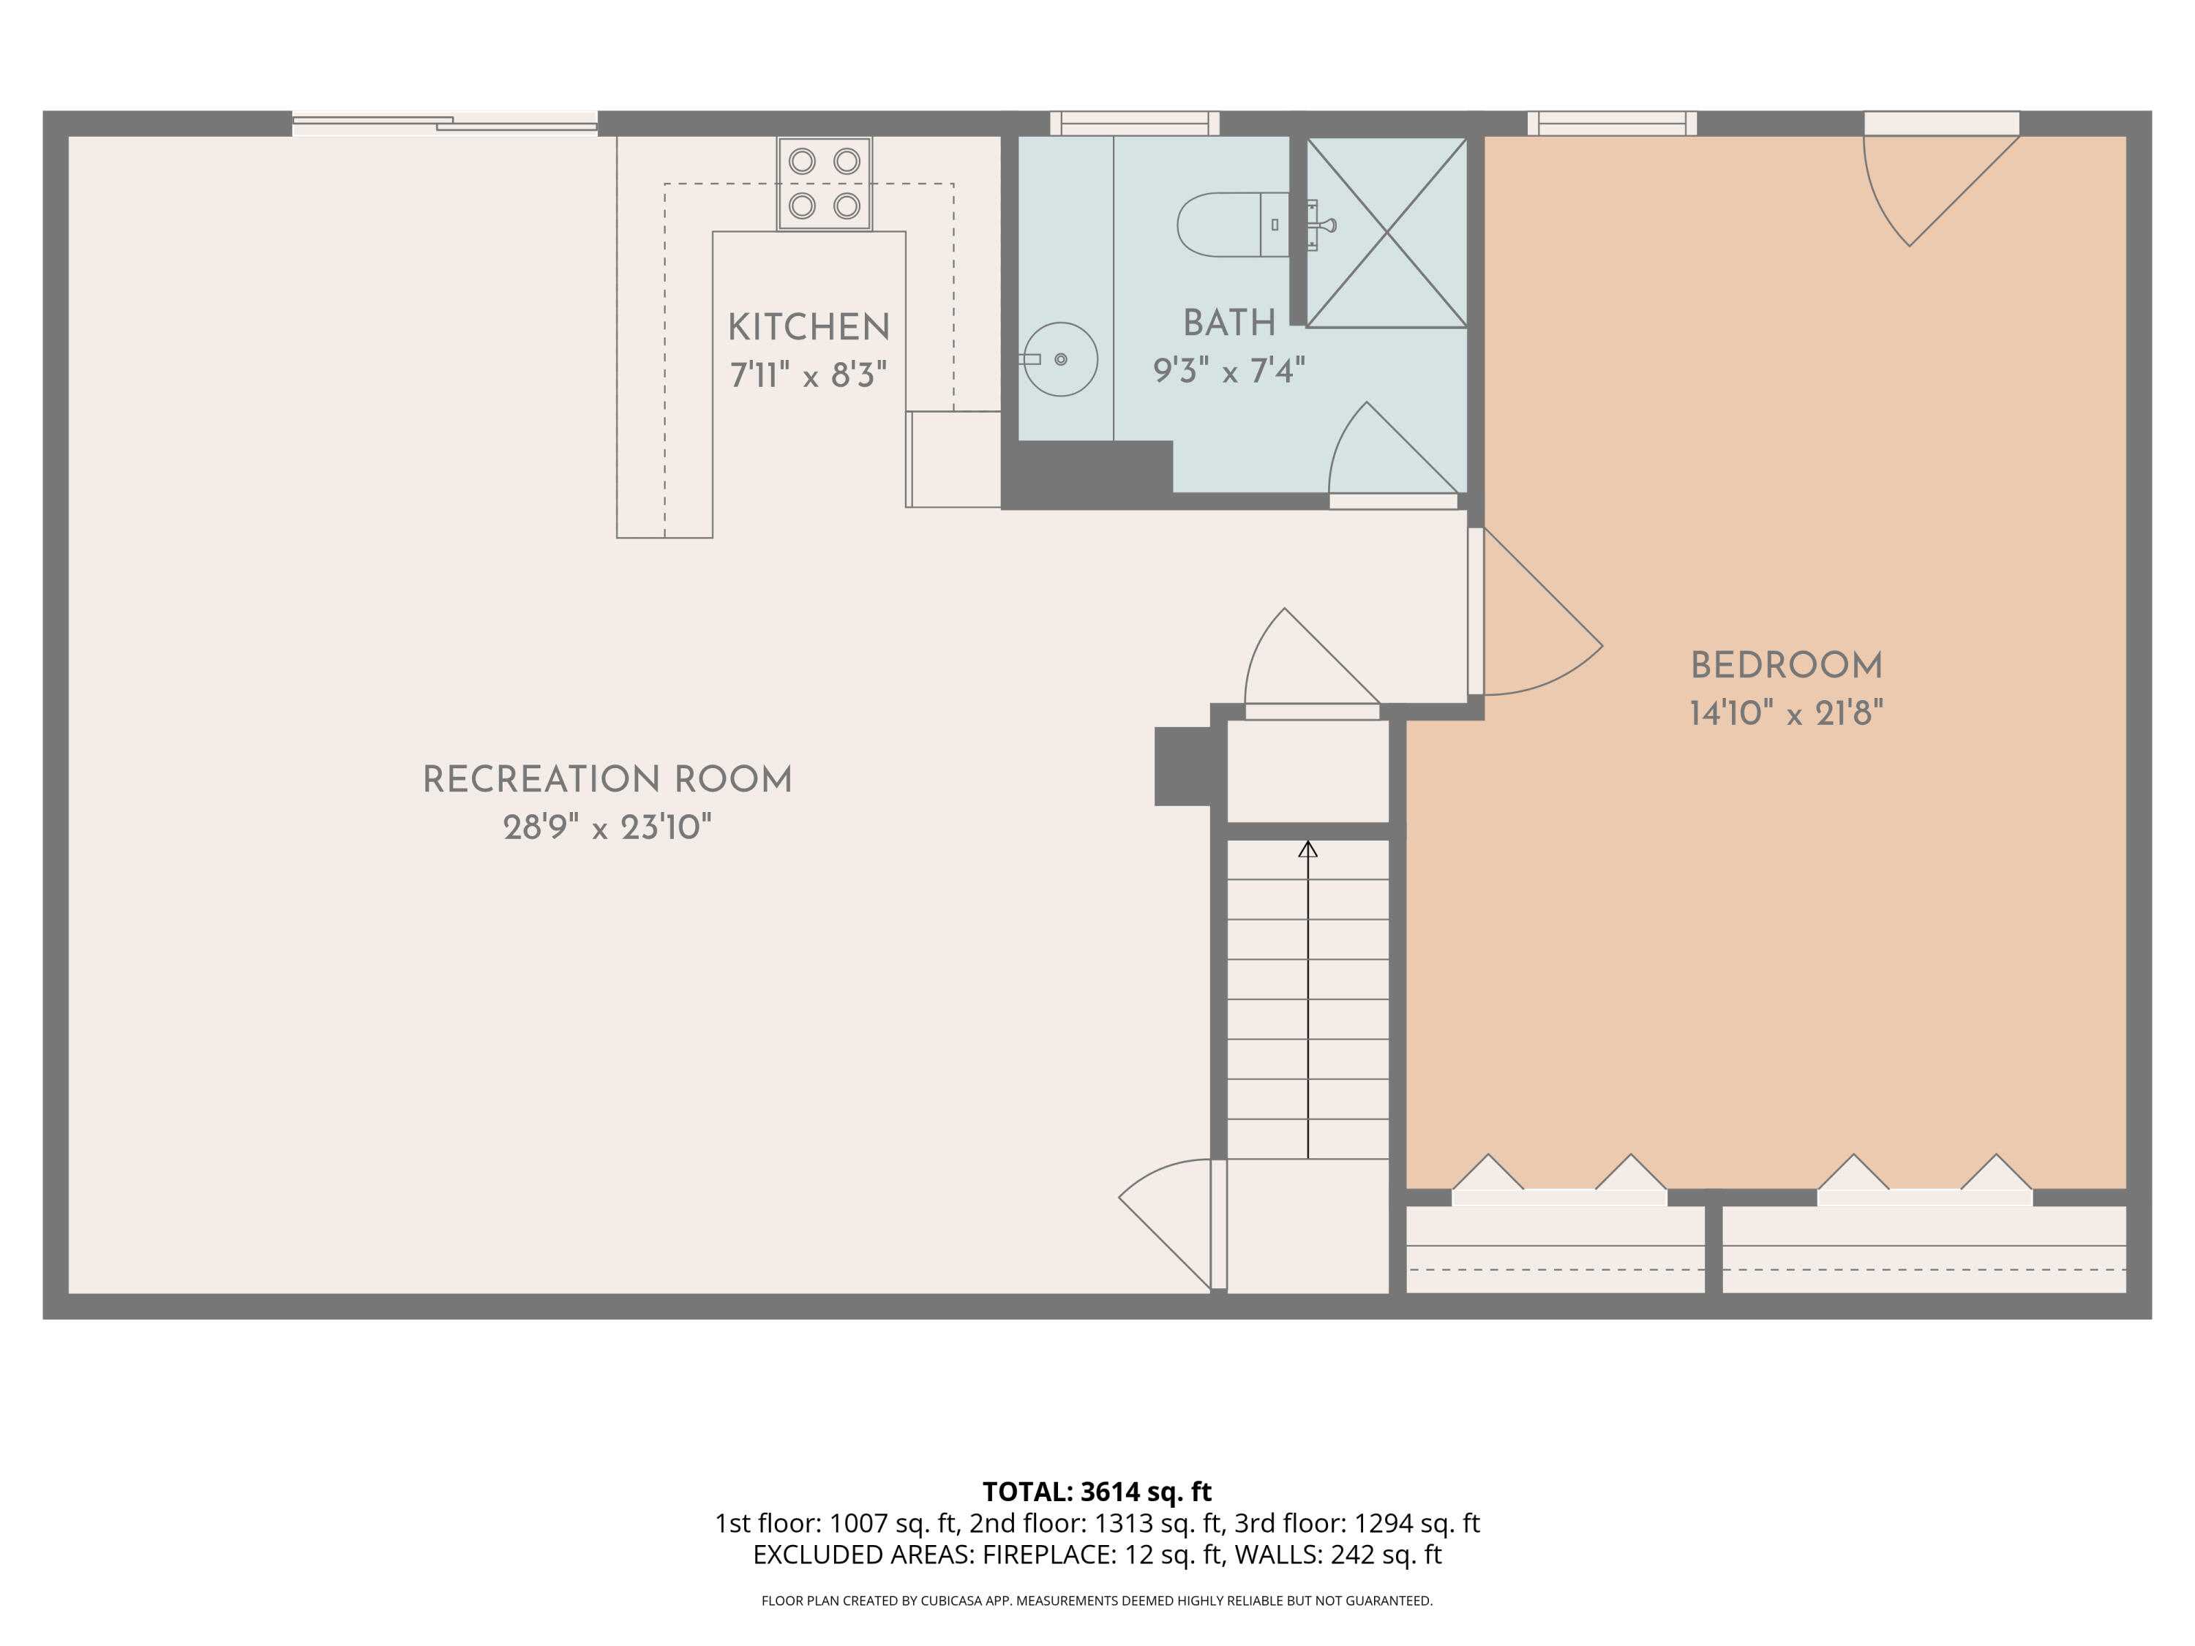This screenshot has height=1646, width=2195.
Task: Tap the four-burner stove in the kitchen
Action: coord(824,184)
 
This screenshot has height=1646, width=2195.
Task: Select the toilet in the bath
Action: coord(1231,225)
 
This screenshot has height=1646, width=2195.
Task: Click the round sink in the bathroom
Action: coord(1061,359)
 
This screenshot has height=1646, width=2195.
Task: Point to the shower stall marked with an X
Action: coord(1387,232)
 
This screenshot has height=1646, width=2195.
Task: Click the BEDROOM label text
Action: coord(1786,665)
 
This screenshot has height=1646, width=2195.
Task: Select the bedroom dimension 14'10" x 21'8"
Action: coord(1786,713)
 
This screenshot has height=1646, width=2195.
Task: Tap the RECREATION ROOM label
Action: coord(607,779)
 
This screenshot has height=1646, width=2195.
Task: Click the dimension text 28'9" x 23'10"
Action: coord(607,827)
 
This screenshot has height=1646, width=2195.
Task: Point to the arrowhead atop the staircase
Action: coord(1308,849)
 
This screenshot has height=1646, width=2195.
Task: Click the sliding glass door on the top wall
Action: coord(445,123)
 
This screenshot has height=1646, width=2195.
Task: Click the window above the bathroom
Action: coord(1134,123)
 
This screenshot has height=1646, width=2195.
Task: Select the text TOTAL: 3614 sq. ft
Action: coord(1097,1491)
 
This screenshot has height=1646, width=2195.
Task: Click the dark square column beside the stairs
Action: coord(1183,766)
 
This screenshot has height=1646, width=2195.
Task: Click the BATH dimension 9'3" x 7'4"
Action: coord(1228,371)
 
